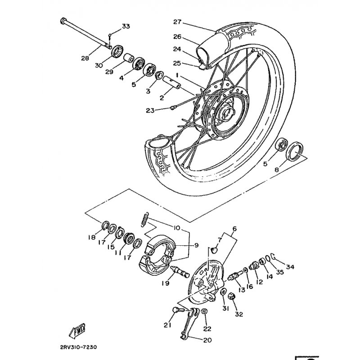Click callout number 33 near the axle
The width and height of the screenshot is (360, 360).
[x=126, y=26]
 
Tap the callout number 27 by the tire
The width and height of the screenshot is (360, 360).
[x=177, y=22]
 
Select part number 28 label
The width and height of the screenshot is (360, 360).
[x=85, y=58]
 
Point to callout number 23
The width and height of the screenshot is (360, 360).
[x=150, y=110]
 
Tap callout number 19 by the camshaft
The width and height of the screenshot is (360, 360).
[x=165, y=283]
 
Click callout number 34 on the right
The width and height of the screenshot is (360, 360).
[x=290, y=267]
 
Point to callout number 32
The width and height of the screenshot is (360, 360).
[x=238, y=314]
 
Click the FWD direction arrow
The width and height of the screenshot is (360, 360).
[x=77, y=330]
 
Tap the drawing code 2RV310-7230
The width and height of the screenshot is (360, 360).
[x=78, y=347]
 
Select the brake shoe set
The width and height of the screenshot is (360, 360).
[x=160, y=252]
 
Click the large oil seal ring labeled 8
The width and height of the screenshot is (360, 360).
[x=295, y=151]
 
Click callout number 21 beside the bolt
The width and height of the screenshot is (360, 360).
[x=168, y=325]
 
